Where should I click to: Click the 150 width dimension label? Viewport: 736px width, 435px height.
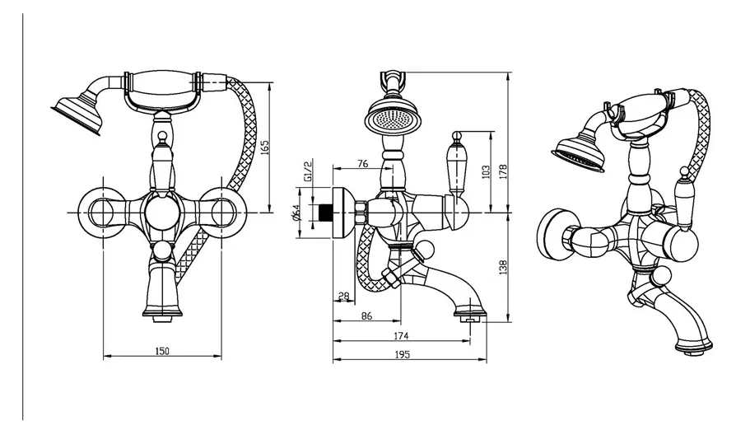[161, 352]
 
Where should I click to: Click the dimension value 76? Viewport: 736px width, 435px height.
[363, 163]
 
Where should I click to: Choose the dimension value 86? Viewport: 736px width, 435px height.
[366, 316]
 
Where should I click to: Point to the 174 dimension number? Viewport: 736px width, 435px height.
[402, 336]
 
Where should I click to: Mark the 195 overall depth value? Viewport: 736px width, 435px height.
[402, 355]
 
